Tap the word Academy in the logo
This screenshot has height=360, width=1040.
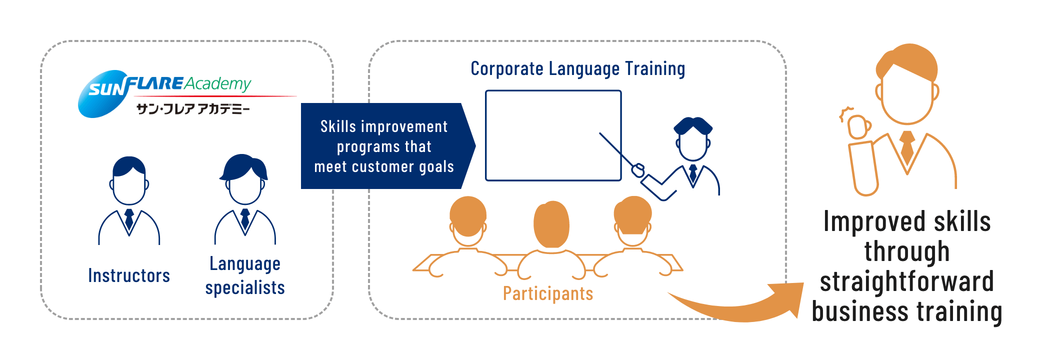coord(217,83)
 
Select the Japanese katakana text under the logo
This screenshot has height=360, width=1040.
coord(193,108)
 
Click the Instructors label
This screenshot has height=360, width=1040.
coord(129,275)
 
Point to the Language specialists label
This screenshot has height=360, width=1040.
coord(245,275)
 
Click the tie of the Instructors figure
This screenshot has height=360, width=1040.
coord(129,219)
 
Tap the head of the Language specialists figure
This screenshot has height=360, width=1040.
coord(244,180)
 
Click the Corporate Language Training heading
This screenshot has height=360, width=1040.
coord(578,69)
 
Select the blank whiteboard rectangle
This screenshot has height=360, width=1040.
coord(553,135)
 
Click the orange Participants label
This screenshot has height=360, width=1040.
coord(548,293)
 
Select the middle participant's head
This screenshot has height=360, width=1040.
coord(551,224)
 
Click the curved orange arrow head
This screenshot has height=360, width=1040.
coord(788,299)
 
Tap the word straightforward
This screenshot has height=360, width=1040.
coord(907,281)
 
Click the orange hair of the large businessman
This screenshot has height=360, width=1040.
coord(907,62)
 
